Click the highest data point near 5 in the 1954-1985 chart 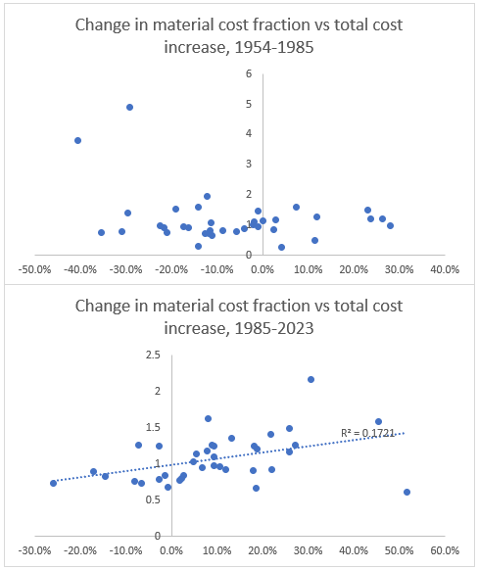click(129, 107)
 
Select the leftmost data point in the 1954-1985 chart click(77, 140)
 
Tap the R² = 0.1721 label click(361, 432)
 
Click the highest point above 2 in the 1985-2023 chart click(311, 379)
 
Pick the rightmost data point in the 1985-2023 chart click(406, 492)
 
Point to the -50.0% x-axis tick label click(35, 266)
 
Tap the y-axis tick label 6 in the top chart click(251, 73)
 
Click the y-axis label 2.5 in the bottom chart click(154, 356)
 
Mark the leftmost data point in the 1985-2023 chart click(53, 483)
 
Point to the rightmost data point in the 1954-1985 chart click(390, 225)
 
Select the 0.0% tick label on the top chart click(262, 266)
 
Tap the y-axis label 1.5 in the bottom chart click(154, 428)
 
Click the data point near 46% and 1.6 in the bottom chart click(378, 421)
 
